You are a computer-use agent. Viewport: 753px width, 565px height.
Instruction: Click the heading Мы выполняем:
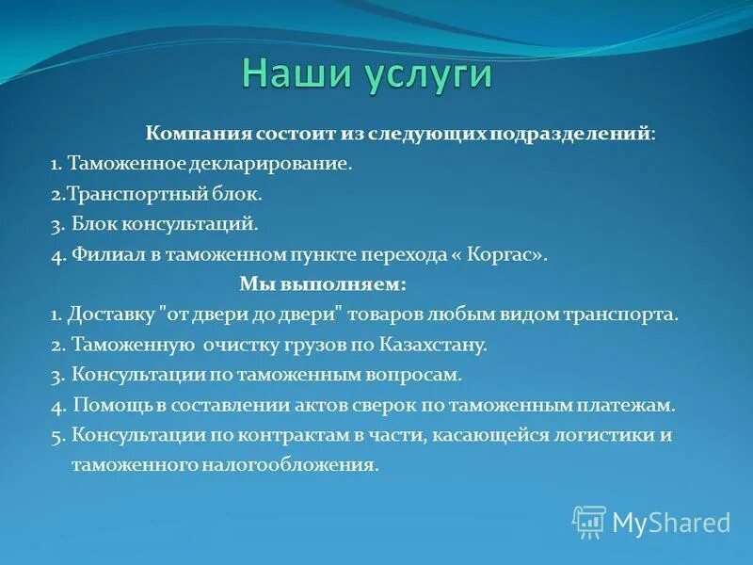(322, 283)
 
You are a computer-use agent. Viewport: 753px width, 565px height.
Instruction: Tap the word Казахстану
(436, 345)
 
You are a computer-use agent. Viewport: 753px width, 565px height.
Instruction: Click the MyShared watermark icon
(589, 522)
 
